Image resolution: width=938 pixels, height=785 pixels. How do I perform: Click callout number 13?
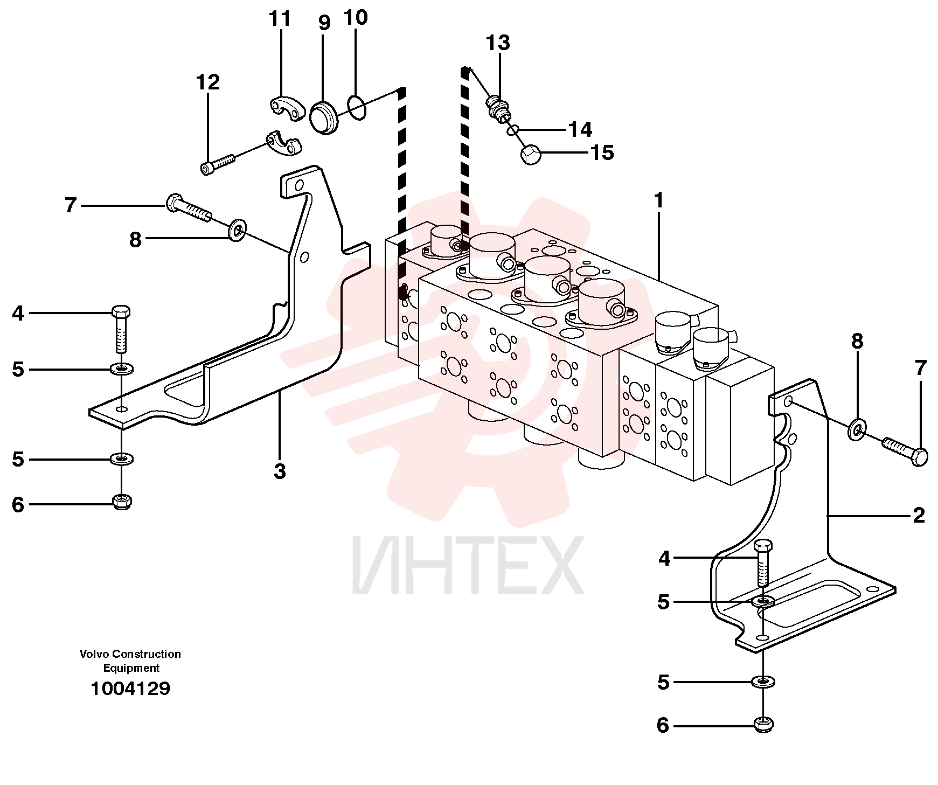click(x=498, y=43)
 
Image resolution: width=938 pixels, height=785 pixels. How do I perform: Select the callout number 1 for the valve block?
click(x=658, y=200)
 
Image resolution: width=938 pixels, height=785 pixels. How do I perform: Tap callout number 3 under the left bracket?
click(x=280, y=471)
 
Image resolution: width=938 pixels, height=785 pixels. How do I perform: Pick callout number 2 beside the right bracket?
click(x=919, y=516)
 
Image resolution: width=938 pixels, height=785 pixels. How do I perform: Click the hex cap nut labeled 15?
click(x=531, y=154)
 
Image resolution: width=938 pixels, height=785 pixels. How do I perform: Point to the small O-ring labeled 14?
click(x=513, y=130)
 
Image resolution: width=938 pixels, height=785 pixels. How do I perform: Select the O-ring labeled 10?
click(x=357, y=107)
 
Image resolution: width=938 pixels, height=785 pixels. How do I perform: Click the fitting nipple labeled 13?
click(x=499, y=107)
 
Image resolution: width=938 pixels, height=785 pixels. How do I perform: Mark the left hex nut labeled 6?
click(x=122, y=502)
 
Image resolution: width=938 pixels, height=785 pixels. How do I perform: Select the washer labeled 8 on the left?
click(x=237, y=230)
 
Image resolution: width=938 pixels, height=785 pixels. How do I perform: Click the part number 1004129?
click(x=130, y=689)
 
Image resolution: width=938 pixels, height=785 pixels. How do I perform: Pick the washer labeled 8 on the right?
click(x=857, y=428)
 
